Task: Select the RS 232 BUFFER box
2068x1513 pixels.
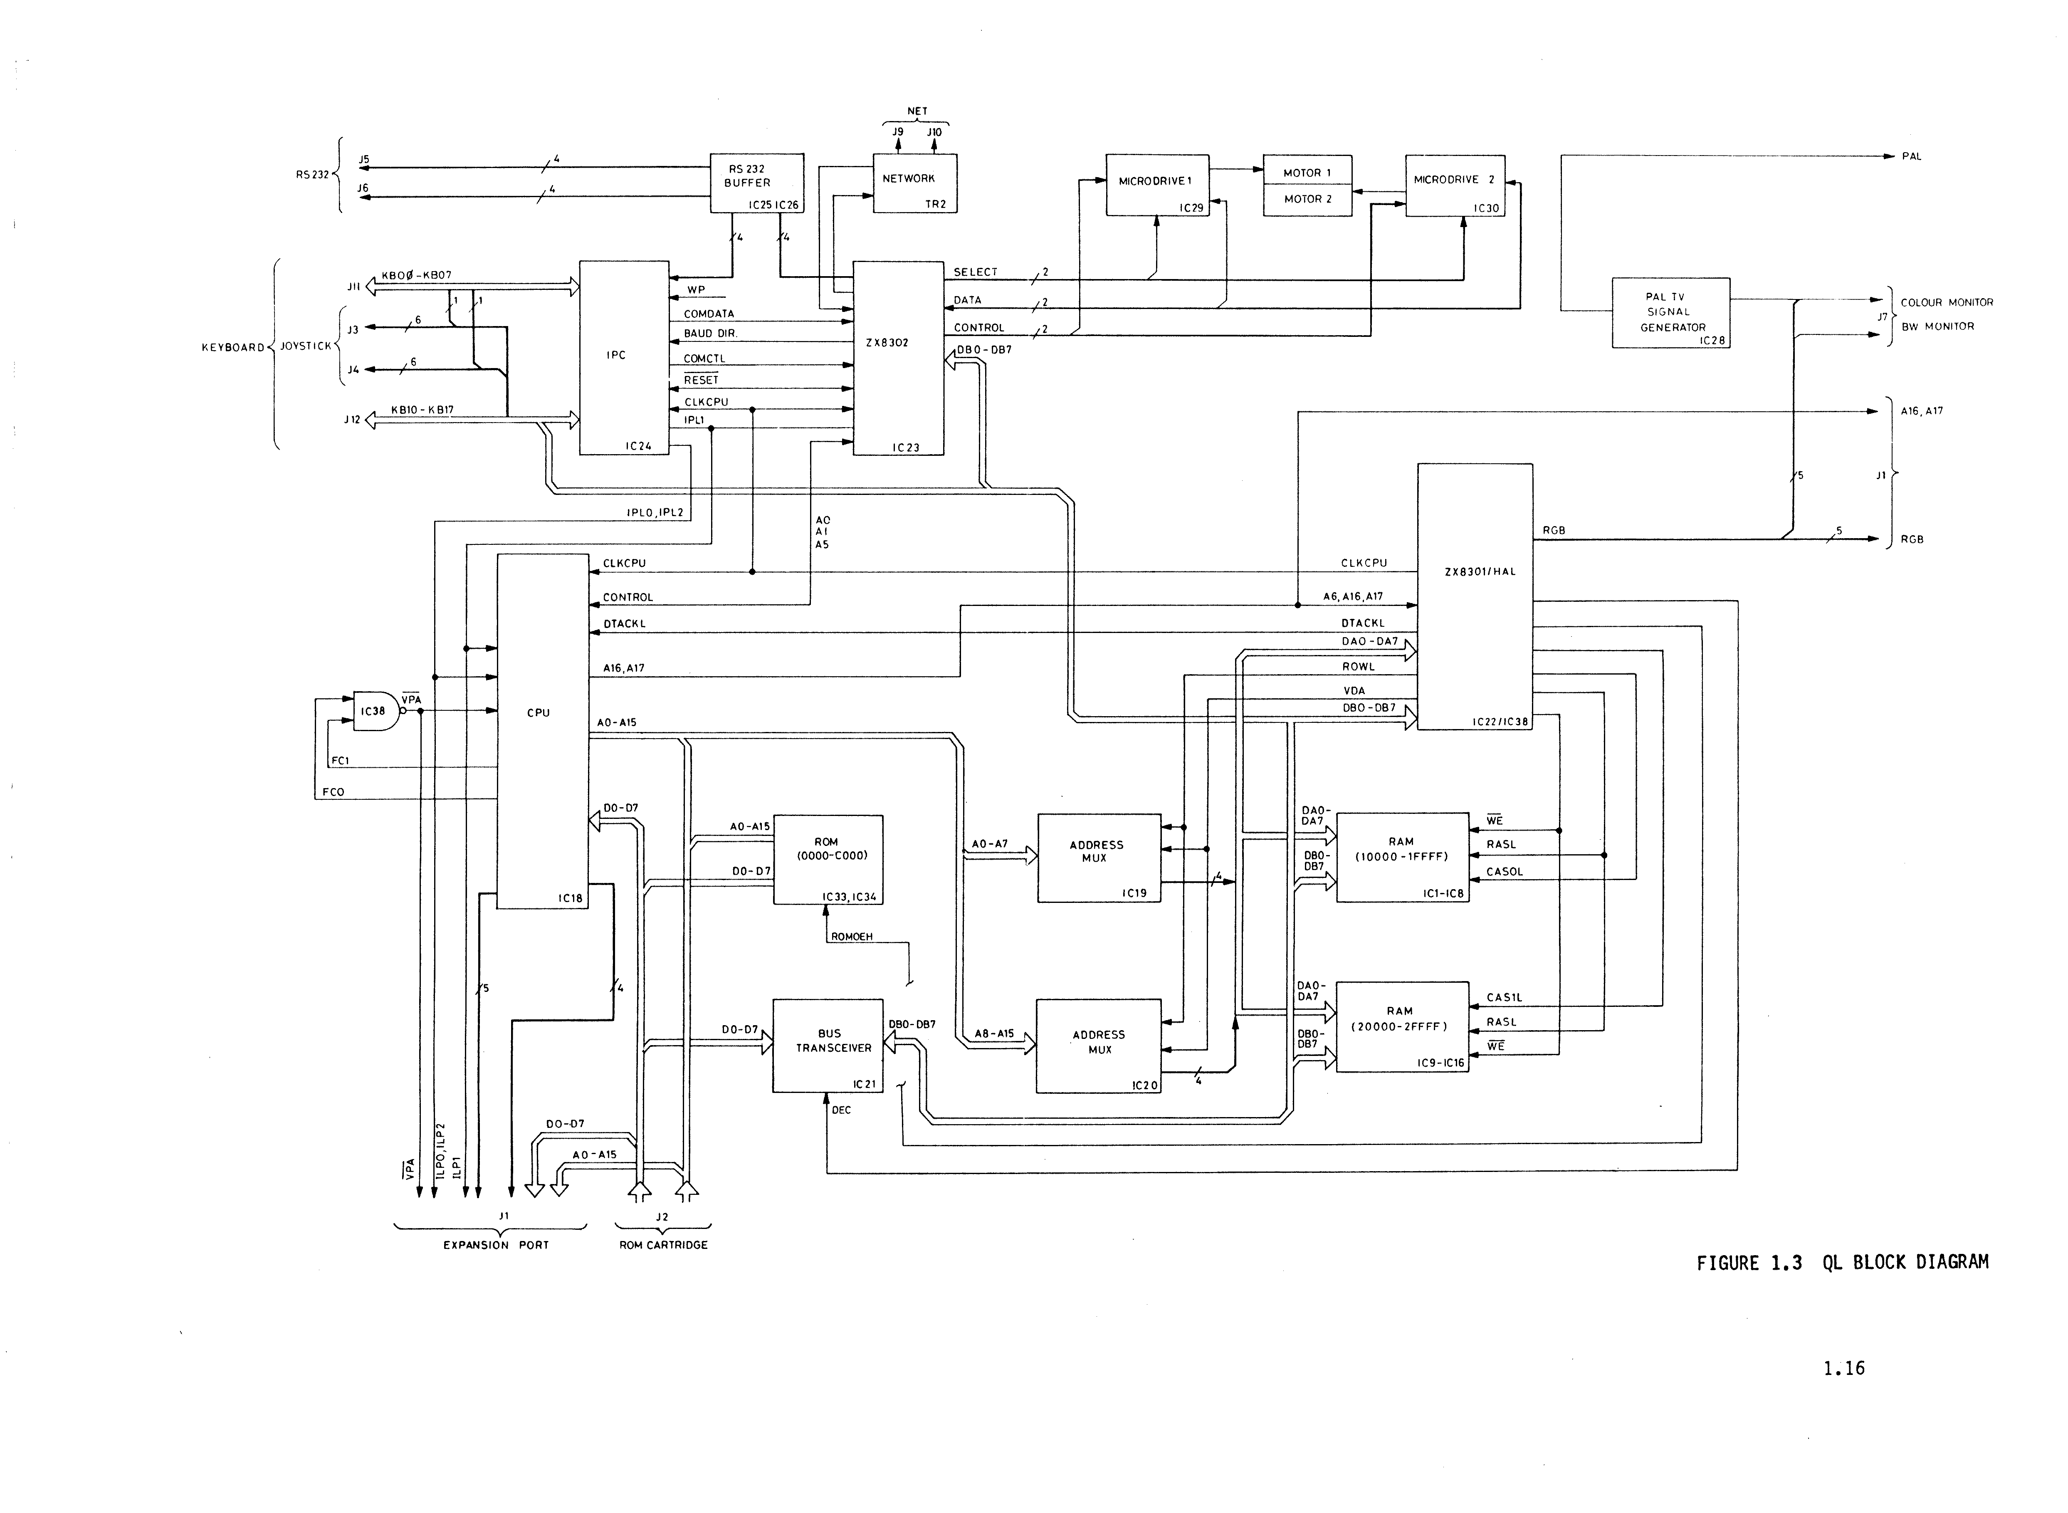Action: [x=756, y=182]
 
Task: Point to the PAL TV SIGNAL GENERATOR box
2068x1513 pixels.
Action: [x=1670, y=312]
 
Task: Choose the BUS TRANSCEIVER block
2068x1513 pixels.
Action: [x=828, y=1045]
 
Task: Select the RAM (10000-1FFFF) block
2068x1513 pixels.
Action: [x=1402, y=856]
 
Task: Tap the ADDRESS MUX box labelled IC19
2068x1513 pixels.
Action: [x=1098, y=857]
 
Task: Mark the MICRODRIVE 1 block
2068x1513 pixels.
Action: [x=1157, y=184]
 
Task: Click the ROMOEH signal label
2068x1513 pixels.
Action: [x=852, y=937]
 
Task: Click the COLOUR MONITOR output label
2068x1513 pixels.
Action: [x=1946, y=302]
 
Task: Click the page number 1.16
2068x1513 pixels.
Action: [x=1843, y=1368]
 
